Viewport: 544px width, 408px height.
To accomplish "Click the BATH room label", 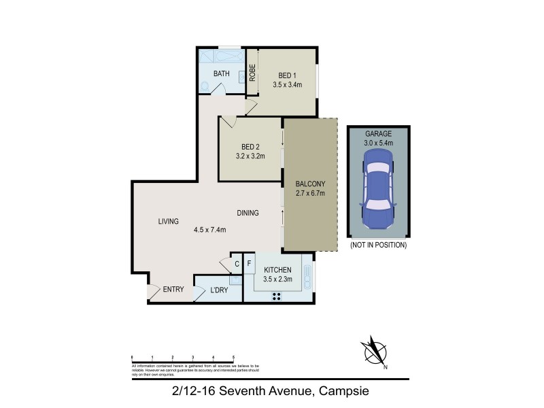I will (x=221, y=73).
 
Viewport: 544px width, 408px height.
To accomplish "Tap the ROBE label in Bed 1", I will (x=252, y=73).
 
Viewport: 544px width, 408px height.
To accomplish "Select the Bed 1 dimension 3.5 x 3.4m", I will (x=288, y=84).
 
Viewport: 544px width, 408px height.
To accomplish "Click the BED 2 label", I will (x=250, y=146).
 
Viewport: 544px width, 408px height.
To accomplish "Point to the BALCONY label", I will (x=310, y=184).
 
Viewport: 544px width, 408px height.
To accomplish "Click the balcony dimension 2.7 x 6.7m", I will (x=310, y=193).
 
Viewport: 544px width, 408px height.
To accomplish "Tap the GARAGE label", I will (x=378, y=134).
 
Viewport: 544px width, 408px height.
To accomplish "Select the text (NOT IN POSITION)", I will (x=378, y=244).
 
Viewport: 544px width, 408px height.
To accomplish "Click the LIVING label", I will (x=168, y=222).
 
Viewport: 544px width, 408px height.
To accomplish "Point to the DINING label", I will (x=248, y=213).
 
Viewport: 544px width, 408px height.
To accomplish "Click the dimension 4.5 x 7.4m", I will (x=209, y=230).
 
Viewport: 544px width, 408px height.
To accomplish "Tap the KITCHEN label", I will (x=277, y=269).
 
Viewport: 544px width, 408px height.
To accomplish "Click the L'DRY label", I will (x=218, y=290).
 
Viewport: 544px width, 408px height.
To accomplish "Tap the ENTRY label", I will (x=173, y=290).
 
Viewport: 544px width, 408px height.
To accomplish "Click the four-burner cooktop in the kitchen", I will (x=277, y=296).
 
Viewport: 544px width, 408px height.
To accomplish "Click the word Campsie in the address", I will (x=343, y=391).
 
